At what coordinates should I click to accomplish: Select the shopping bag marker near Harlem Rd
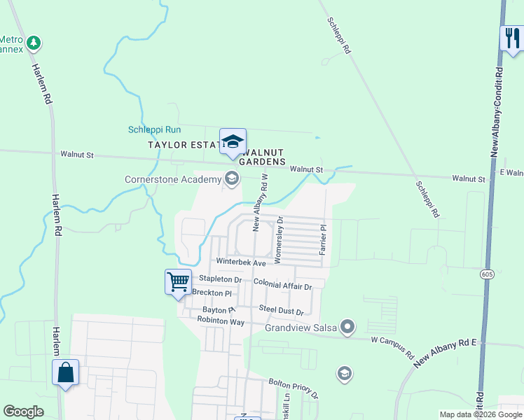65,372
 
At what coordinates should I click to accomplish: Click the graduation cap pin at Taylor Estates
233,141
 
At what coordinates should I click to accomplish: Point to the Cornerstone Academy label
172,179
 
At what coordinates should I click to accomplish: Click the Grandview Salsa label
301,327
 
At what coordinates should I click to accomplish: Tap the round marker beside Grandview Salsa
349,327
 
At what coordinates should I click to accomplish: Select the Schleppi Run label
154,129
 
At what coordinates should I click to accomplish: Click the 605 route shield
486,273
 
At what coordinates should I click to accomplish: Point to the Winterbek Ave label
241,262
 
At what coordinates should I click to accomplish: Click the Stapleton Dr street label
221,279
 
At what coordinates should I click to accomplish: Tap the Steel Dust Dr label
281,309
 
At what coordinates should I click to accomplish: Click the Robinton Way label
221,321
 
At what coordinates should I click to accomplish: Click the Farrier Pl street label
323,239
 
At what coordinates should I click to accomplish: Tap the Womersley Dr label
279,239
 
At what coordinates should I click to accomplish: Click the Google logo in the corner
23,412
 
